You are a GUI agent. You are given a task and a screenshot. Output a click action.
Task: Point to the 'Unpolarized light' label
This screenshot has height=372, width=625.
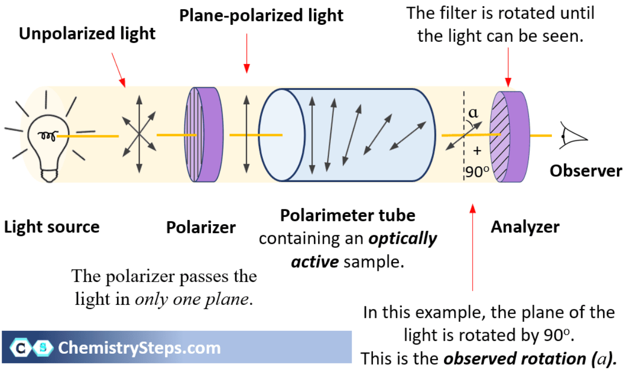87,35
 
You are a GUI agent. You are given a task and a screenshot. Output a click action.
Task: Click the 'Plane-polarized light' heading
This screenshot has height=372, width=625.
261,15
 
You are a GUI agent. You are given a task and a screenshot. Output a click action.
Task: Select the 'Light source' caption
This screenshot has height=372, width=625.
52,227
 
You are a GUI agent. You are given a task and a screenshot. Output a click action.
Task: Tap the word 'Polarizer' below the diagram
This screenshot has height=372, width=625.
201,227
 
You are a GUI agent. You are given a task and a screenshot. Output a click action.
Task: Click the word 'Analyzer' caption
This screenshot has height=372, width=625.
525,227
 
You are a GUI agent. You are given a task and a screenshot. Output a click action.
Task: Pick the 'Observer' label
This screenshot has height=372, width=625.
585,171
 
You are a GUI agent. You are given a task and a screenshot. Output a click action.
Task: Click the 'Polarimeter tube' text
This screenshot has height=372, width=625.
348,215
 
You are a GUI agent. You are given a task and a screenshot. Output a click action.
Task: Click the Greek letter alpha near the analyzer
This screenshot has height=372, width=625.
473,112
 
